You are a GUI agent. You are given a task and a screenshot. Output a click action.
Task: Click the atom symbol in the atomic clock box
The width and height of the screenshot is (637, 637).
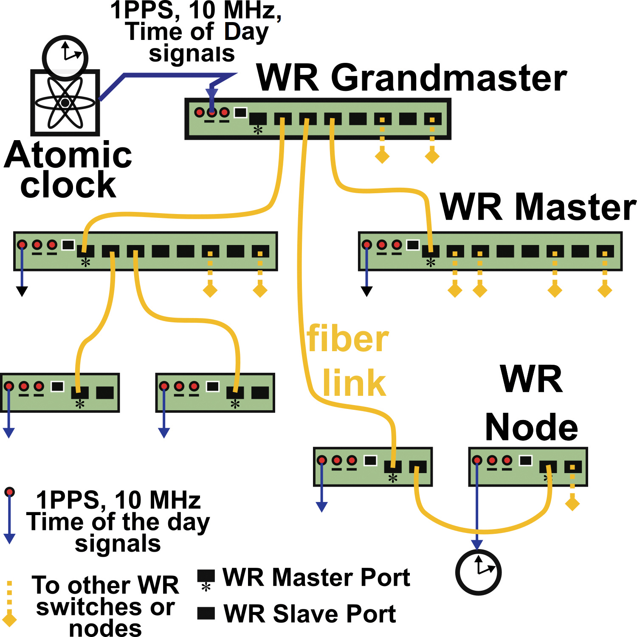coord(65,103)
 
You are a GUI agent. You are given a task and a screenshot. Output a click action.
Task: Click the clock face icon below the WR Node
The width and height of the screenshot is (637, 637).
coord(479,572)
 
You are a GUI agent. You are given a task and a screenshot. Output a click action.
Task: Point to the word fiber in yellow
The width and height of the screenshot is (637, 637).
coord(348,339)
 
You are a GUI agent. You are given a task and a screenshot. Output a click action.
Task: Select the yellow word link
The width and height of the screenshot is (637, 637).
coord(354,383)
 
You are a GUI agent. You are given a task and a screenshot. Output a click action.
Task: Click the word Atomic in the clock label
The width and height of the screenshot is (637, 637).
coord(68,155)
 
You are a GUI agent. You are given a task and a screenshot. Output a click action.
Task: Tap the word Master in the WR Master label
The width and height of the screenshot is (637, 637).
coord(575,207)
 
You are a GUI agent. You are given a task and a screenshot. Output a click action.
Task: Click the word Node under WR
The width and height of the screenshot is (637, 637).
coord(531,427)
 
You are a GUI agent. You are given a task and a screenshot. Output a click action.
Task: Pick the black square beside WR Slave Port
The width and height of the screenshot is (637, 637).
coord(206,613)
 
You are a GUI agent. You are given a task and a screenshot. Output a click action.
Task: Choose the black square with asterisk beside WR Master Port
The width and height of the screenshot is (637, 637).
coord(206,576)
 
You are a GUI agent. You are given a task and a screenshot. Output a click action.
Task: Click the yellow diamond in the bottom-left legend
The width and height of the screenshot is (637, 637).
coord(9,618)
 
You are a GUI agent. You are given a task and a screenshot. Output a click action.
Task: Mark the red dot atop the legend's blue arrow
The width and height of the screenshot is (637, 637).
coord(9,492)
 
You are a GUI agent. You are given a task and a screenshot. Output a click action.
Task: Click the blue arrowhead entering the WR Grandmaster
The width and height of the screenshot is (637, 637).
coord(211,94)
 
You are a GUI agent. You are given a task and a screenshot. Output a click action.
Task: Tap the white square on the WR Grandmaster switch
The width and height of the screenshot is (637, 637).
coord(240,113)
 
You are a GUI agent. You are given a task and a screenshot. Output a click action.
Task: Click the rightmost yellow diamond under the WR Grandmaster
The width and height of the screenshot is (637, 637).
coord(432,156)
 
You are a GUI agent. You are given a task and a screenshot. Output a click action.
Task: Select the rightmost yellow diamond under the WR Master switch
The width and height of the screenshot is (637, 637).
coord(605,290)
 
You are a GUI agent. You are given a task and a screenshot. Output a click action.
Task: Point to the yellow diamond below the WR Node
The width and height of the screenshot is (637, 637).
coord(572,504)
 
